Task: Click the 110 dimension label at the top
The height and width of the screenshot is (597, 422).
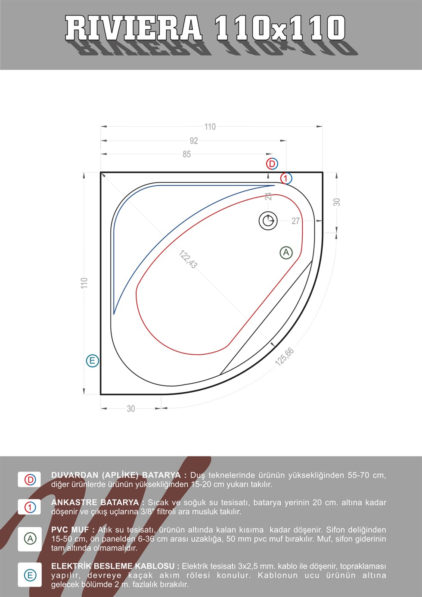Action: point(210,127)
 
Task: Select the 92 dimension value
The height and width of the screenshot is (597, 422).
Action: point(194,141)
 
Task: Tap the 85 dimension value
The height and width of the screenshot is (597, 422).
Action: point(186,154)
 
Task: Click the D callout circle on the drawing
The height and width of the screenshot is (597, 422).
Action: point(272,164)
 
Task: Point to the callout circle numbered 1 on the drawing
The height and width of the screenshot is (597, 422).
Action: point(286,178)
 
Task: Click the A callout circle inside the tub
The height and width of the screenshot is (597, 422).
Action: point(286,253)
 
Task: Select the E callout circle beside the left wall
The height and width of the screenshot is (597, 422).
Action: point(92,361)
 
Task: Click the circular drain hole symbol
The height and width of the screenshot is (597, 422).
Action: point(268,221)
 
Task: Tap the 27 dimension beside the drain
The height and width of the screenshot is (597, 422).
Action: point(295,221)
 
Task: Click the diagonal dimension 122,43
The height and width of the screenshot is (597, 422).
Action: point(188,259)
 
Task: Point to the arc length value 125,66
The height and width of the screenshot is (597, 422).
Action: point(285,357)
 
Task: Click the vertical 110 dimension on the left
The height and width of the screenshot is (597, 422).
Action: point(84,283)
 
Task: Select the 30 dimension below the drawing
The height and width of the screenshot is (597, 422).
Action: point(131,409)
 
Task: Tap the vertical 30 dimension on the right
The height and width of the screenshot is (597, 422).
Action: point(337,202)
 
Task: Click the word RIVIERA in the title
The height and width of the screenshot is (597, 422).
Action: point(134,28)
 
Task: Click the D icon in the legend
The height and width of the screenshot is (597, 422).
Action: point(30,480)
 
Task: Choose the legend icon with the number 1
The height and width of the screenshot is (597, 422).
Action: point(30,507)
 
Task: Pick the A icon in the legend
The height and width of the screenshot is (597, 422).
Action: point(30,538)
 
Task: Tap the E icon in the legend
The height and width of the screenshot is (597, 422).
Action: point(30,575)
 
